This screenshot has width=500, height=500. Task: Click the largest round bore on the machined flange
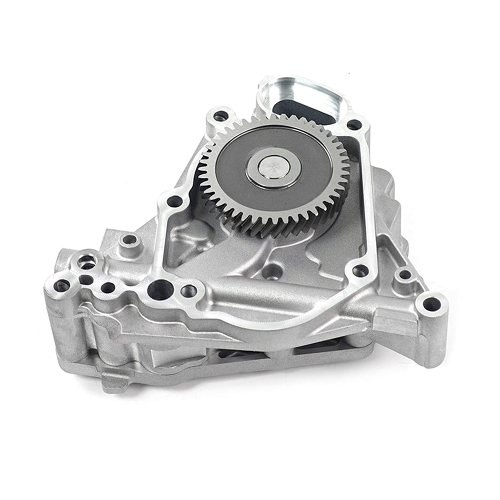157,287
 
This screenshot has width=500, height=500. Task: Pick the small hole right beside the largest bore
188,291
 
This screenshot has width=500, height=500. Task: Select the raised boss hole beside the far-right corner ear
404,275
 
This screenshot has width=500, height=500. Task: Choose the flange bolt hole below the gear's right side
360,271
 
